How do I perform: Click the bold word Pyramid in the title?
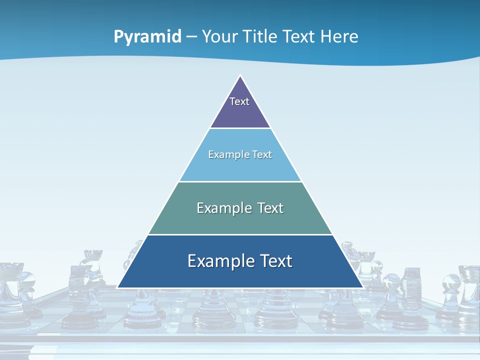(x=147, y=37)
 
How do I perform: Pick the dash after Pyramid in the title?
(x=191, y=37)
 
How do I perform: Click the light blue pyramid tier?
(x=240, y=167)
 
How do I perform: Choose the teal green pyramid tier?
(x=240, y=220)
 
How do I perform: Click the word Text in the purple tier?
(x=239, y=101)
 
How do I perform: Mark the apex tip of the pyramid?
(x=240, y=76)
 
